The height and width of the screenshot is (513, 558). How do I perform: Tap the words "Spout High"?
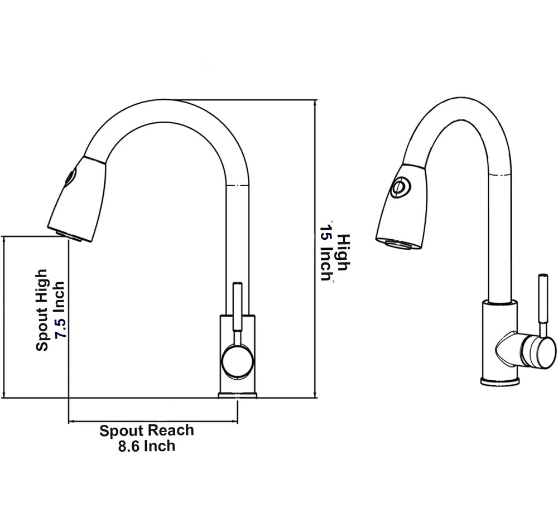click(x=42, y=311)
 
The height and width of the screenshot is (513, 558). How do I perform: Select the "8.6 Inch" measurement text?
click(x=147, y=446)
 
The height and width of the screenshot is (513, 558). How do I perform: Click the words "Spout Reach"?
click(x=147, y=430)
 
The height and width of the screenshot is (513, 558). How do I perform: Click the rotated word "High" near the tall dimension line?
click(x=343, y=251)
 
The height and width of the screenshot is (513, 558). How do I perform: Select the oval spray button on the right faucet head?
click(x=400, y=187)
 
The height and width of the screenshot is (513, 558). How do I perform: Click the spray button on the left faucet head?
click(x=69, y=177)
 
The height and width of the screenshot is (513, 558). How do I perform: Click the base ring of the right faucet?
click(x=500, y=381)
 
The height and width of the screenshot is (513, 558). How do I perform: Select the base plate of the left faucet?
click(x=237, y=395)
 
